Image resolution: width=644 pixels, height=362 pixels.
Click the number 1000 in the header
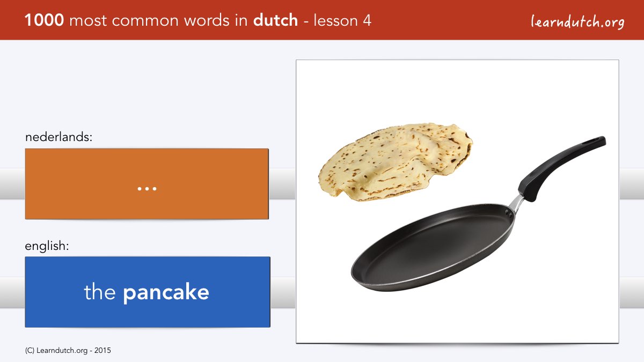click(44, 20)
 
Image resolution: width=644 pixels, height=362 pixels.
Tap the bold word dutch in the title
click(275, 20)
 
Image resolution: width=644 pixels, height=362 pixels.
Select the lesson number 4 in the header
click(367, 21)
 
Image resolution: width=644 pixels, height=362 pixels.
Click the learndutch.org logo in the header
click(577, 22)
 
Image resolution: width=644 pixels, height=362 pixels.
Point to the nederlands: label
click(58, 137)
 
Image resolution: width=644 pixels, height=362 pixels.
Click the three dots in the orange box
click(147, 189)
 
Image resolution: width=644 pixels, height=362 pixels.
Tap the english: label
click(47, 246)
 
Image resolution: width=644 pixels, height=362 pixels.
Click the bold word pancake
click(166, 293)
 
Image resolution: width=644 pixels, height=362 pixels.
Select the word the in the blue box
click(100, 291)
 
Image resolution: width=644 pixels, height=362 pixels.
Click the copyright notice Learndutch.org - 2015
click(68, 351)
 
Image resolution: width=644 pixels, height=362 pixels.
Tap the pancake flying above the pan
click(396, 162)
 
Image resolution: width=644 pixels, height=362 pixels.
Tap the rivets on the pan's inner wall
click(508, 213)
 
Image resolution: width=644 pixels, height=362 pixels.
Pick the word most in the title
click(88, 21)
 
